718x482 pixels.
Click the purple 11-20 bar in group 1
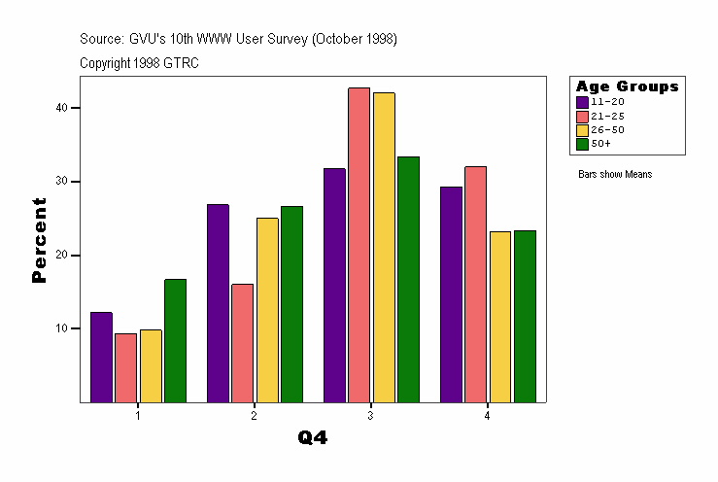click(101, 357)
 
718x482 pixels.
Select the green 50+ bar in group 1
click(175, 340)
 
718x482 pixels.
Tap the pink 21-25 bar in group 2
click(242, 342)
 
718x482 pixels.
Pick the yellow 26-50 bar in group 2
click(267, 309)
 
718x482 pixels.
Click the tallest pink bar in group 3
click(359, 244)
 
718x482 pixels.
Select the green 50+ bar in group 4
click(525, 316)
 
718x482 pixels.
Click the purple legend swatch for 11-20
click(582, 101)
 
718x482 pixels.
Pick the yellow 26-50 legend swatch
click(582, 129)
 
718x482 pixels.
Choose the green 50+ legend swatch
click(582, 144)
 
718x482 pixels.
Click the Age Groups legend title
click(627, 86)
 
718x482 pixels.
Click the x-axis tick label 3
click(371, 416)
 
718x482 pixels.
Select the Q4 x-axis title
click(313, 438)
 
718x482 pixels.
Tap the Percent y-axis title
click(39, 240)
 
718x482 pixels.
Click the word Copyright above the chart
click(104, 63)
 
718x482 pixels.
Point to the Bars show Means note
click(615, 174)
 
